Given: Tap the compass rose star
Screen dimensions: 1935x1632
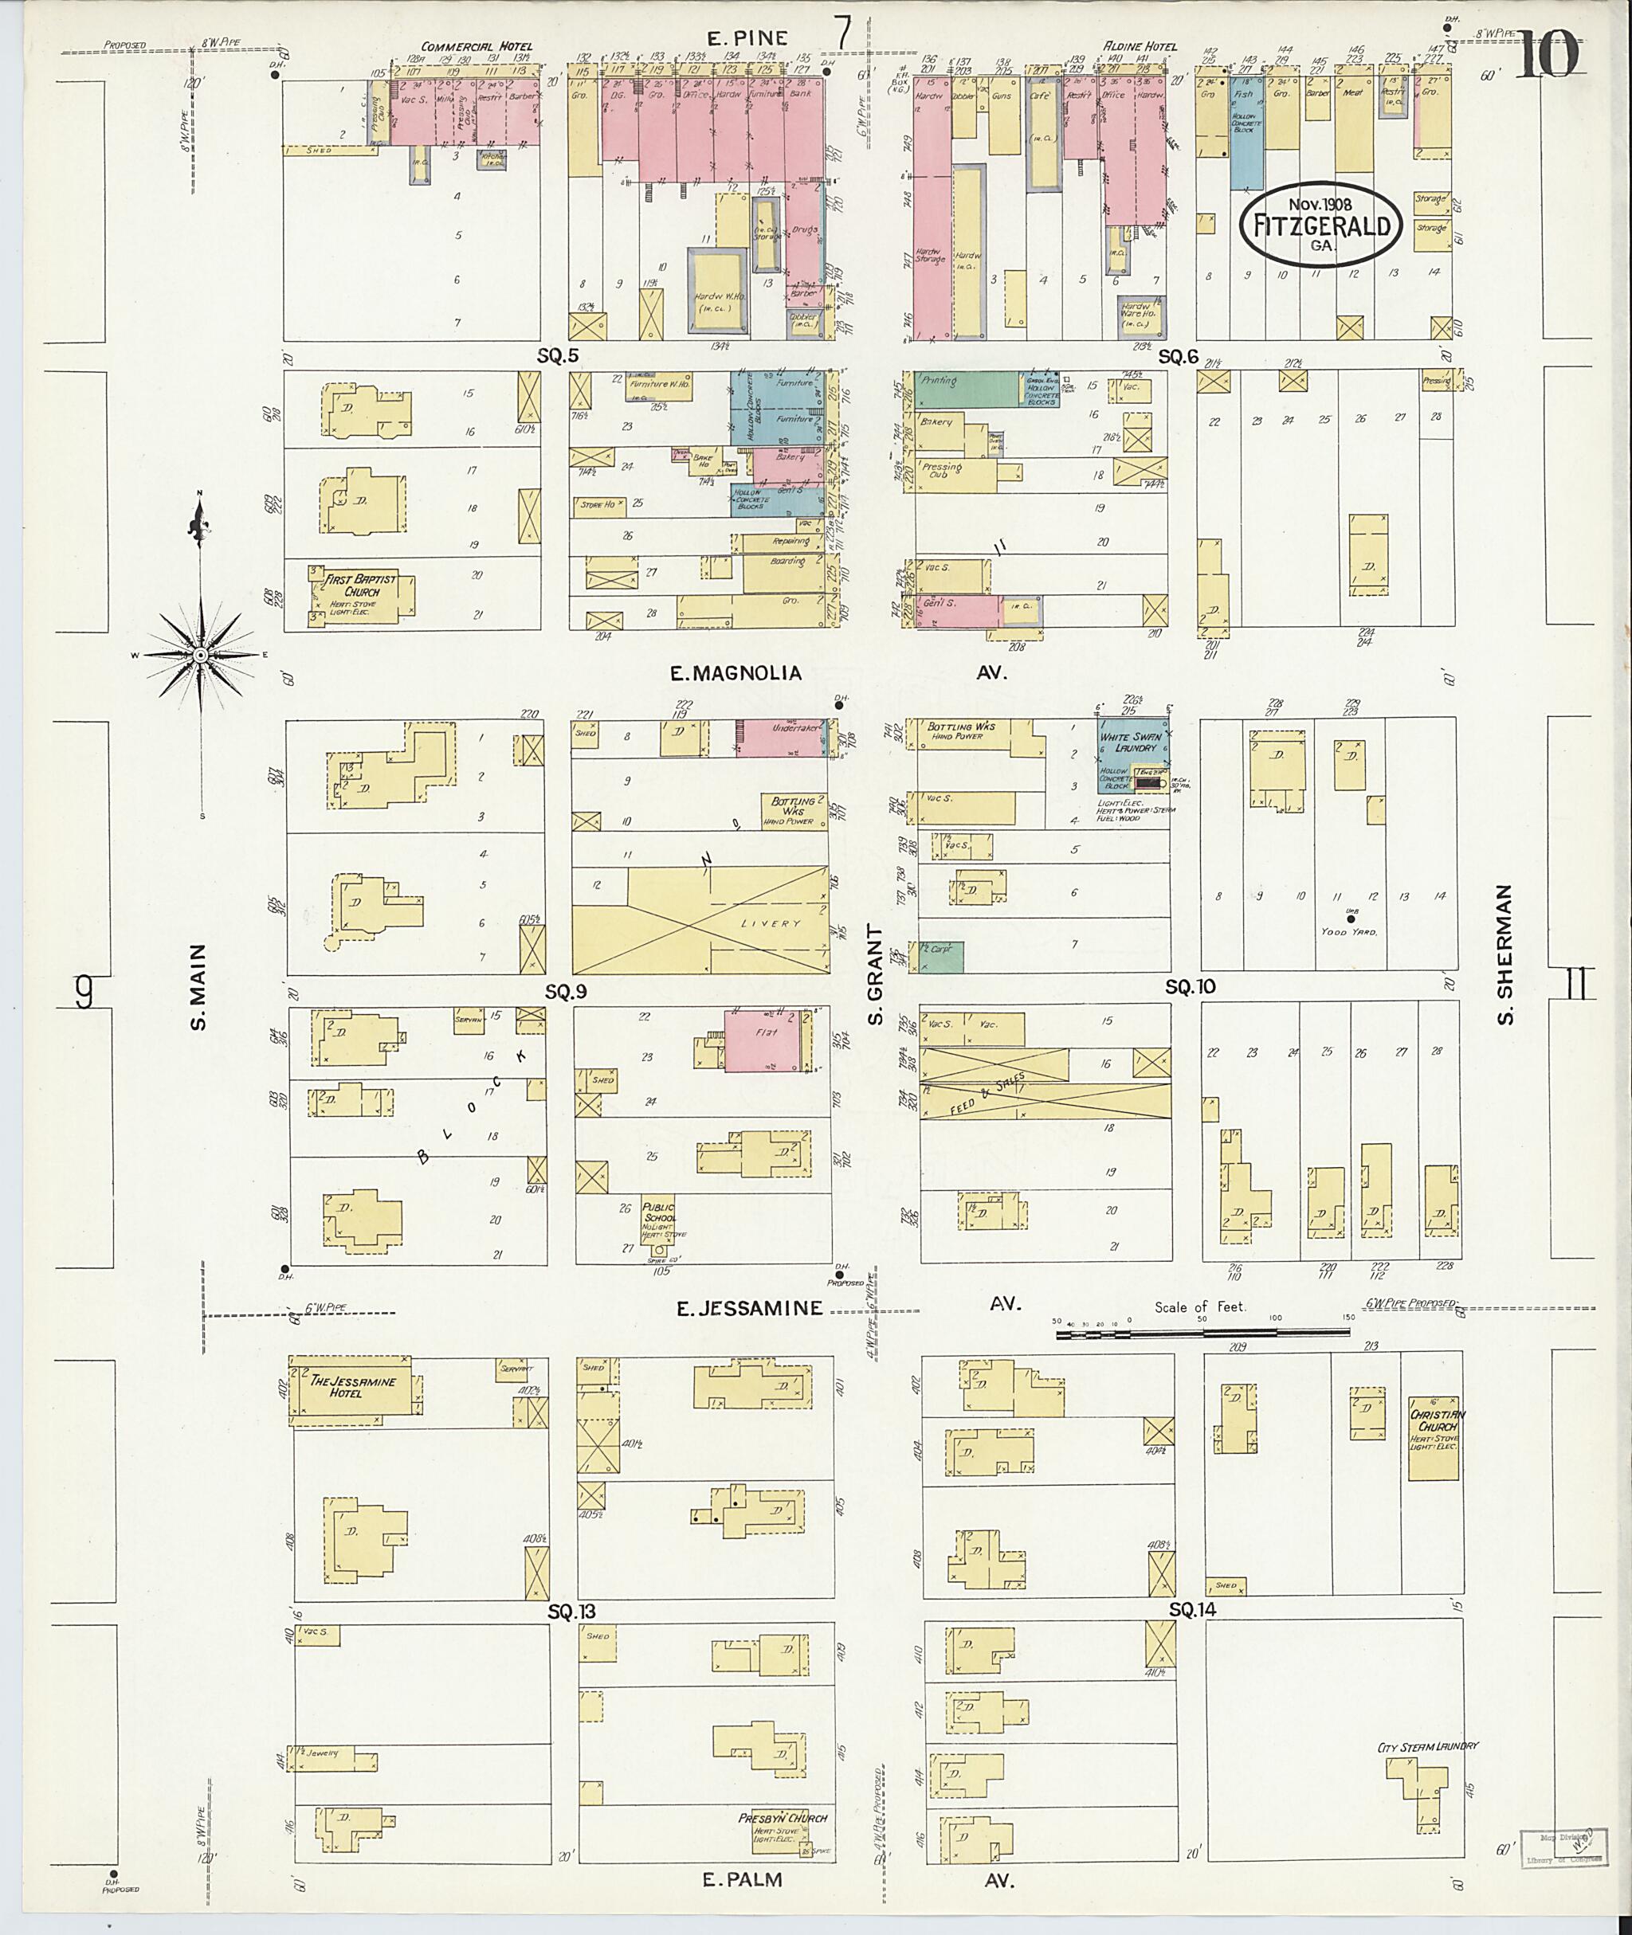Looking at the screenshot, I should [x=200, y=655].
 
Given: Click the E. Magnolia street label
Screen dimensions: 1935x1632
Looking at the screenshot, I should [x=736, y=673].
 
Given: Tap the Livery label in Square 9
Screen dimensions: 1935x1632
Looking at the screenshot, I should [x=770, y=923].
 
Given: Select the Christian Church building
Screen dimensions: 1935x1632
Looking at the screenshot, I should [x=1433, y=1438].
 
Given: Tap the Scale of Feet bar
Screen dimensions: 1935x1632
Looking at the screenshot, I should [x=1202, y=1333].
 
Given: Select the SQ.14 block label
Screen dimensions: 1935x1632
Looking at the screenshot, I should [x=1191, y=1609].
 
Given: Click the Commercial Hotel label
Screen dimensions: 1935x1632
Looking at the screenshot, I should [x=476, y=47].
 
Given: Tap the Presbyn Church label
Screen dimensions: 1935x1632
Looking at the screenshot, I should [x=782, y=1818].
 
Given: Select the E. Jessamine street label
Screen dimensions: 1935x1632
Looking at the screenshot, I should [x=748, y=1308].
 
